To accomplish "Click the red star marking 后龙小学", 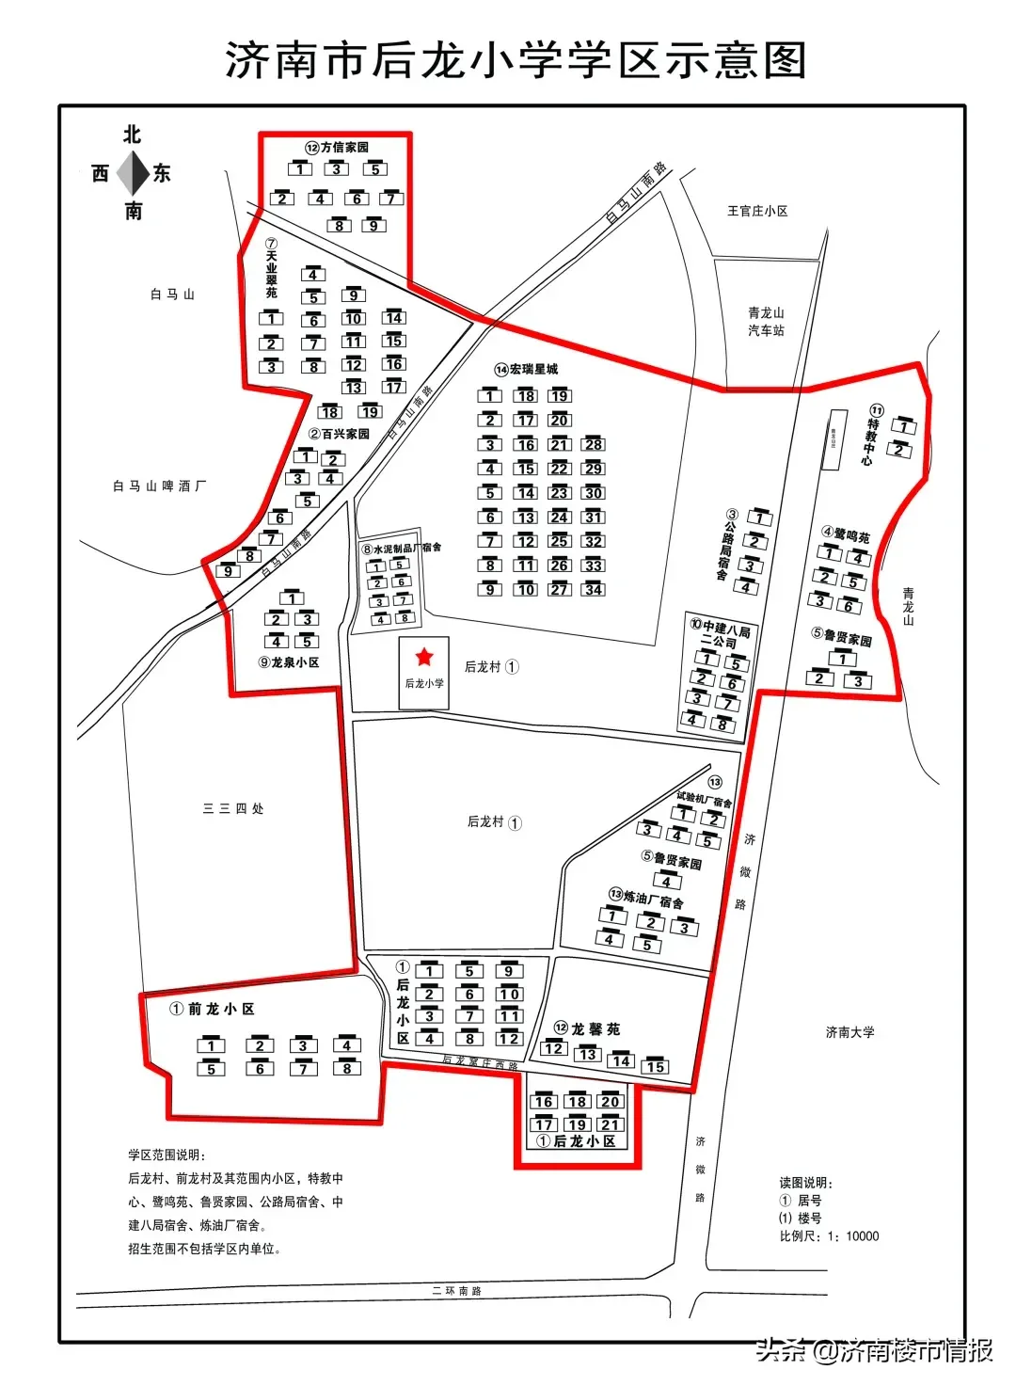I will [x=424, y=657].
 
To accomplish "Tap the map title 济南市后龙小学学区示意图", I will [x=516, y=60].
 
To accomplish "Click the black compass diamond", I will [x=133, y=173].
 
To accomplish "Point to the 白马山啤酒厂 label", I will [x=159, y=486].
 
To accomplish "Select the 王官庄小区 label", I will [x=757, y=211].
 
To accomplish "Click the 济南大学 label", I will [x=849, y=1032].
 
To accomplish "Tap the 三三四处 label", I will [x=233, y=808].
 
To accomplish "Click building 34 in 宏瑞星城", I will [x=594, y=589].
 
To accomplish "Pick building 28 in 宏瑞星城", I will [x=594, y=444].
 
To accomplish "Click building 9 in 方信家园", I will [x=373, y=226].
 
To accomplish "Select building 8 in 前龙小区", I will [x=346, y=1068].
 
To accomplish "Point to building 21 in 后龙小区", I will [x=611, y=1124].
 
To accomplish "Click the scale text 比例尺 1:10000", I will [x=829, y=1235].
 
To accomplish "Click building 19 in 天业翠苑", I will [x=370, y=412].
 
